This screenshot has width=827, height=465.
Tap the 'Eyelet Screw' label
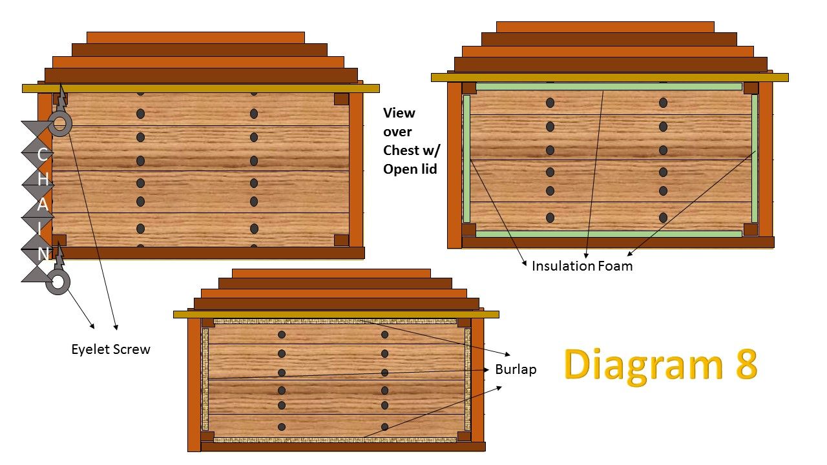110,349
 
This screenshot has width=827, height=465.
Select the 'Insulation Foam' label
582,265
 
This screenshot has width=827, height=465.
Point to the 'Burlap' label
516,369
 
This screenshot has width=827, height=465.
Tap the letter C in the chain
42,154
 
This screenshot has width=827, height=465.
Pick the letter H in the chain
43,180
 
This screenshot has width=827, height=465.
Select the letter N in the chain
43,254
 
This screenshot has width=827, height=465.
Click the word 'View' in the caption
399,113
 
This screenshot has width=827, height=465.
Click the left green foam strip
466,159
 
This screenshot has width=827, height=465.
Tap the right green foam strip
754,159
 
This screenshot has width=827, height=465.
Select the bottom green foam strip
609,234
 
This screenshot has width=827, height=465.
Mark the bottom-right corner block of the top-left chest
342,240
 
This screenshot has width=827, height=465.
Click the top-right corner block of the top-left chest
342,99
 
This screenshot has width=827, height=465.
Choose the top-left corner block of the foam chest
469,88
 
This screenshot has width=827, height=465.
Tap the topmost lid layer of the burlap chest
331,273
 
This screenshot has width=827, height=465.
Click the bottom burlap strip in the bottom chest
335,440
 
